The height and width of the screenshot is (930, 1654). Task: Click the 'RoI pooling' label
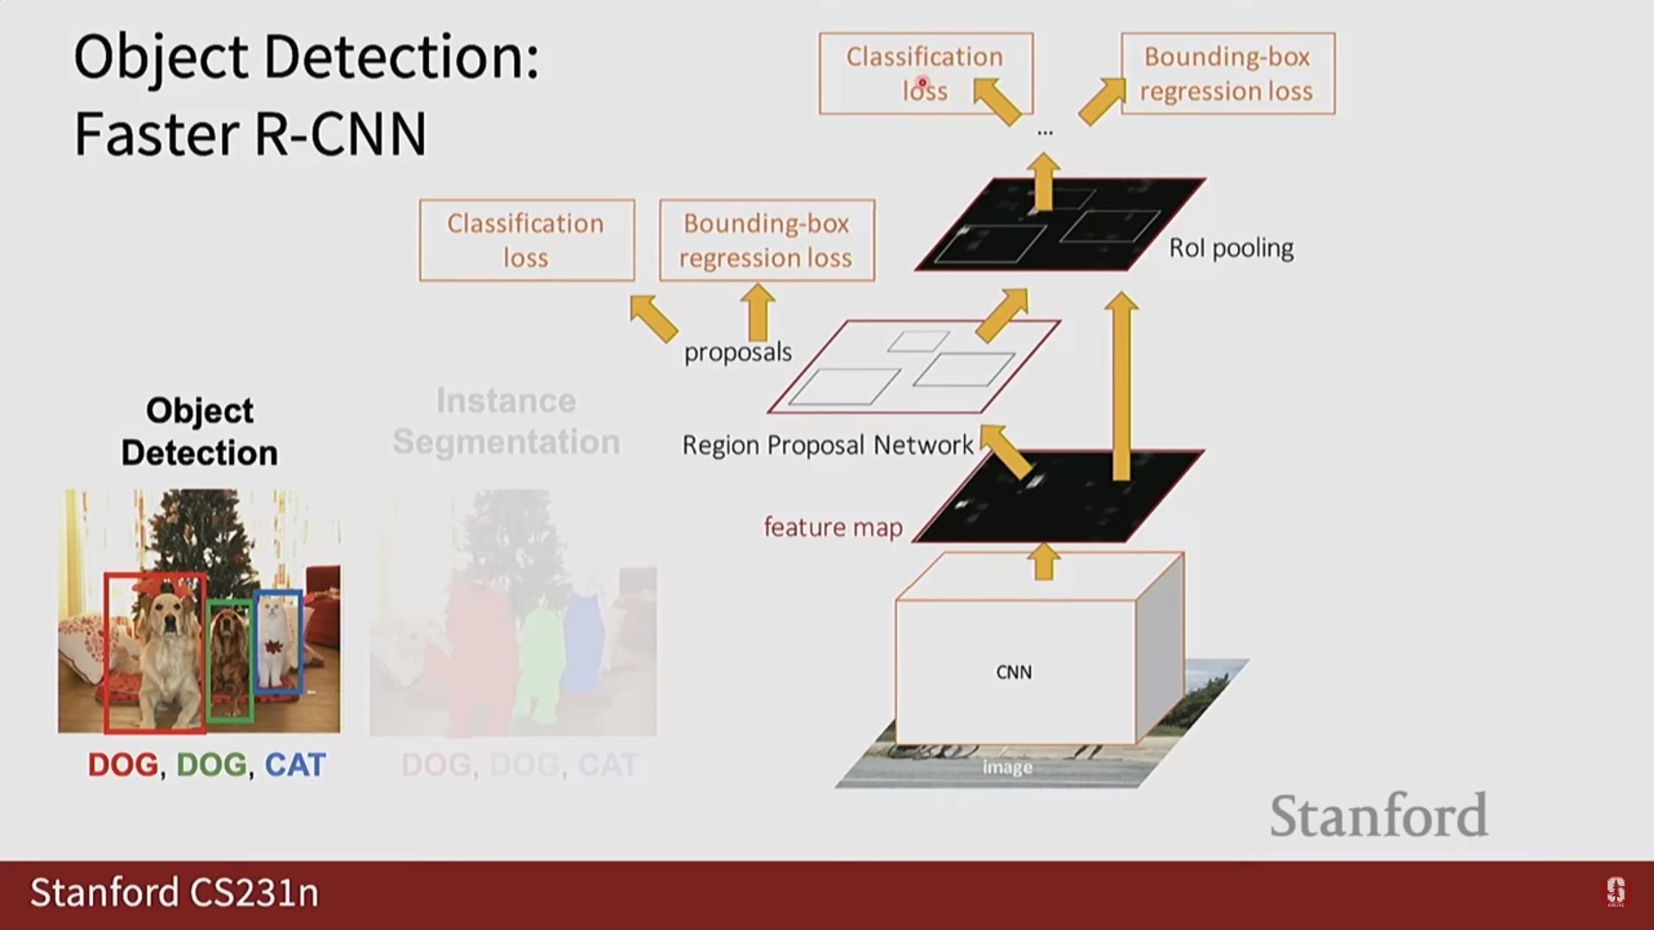coord(1231,248)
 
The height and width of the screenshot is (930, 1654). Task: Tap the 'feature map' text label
coord(833,527)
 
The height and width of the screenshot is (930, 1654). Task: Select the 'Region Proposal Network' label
coord(827,445)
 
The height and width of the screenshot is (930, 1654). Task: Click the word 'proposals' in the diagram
coord(737,352)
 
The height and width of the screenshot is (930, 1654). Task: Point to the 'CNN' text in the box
coord(1014,673)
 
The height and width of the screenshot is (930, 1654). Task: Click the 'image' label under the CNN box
coord(1007,767)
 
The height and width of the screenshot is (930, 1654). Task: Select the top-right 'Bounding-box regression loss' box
coord(1228,74)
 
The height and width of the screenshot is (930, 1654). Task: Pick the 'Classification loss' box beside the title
coord(925,74)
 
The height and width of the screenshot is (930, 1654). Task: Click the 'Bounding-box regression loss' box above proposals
coord(767,241)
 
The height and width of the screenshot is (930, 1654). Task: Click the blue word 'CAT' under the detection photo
coord(295,765)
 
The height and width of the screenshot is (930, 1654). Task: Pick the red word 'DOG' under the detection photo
coord(123,765)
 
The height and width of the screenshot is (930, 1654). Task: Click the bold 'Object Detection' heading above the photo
coord(199,431)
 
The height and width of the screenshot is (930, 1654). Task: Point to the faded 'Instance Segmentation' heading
coord(506,421)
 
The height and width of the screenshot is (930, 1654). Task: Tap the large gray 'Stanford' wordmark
coord(1378,815)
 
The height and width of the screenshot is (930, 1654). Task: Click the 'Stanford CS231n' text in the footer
coord(175,893)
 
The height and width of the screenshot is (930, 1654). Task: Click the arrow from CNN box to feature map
coord(1044,561)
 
